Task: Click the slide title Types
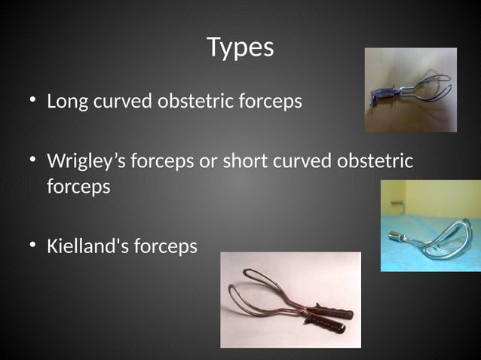click(240, 47)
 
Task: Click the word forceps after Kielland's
click(165, 246)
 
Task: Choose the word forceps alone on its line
click(78, 187)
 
